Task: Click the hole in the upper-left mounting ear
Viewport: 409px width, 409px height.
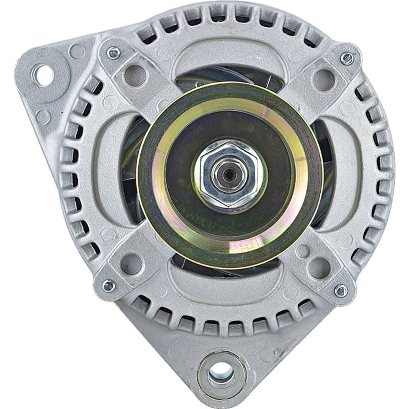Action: [42, 75]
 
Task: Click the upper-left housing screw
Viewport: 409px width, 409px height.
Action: [113, 53]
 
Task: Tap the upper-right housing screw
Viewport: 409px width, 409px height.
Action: [347, 58]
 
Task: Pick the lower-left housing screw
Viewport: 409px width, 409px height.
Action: [108, 285]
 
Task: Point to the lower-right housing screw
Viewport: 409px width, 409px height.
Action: [341, 290]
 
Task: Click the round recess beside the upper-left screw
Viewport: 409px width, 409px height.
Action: [135, 75]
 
